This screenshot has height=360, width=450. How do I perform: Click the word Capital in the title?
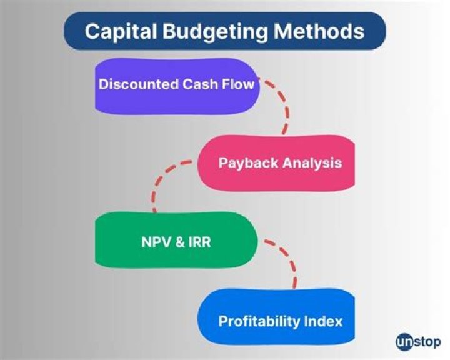114,31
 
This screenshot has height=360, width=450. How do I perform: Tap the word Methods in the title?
321,31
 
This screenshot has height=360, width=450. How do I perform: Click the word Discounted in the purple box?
137,84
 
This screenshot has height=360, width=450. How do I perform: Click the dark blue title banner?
225,31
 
